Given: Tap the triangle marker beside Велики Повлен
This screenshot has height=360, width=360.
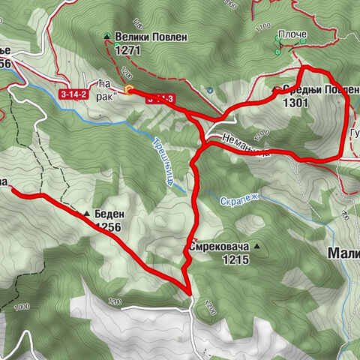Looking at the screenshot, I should pyautogui.click(x=106, y=36).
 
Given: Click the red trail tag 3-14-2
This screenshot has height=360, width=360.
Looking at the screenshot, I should pyautogui.click(x=74, y=94).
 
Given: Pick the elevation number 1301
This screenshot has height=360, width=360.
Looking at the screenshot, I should pyautogui.click(x=297, y=103).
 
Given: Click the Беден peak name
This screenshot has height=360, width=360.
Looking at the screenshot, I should pyautogui.click(x=108, y=214).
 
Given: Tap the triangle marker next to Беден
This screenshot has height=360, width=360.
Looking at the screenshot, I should pyautogui.click(x=87, y=214).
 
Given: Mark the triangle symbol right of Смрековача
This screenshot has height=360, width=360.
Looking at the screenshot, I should pyautogui.click(x=257, y=246).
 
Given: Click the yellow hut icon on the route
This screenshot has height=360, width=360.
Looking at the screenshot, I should pyautogui.click(x=129, y=91).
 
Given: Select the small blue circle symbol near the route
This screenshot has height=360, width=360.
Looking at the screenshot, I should pyautogui.click(x=211, y=90).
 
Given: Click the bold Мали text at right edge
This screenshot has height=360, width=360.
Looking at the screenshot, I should pyautogui.click(x=344, y=253).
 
